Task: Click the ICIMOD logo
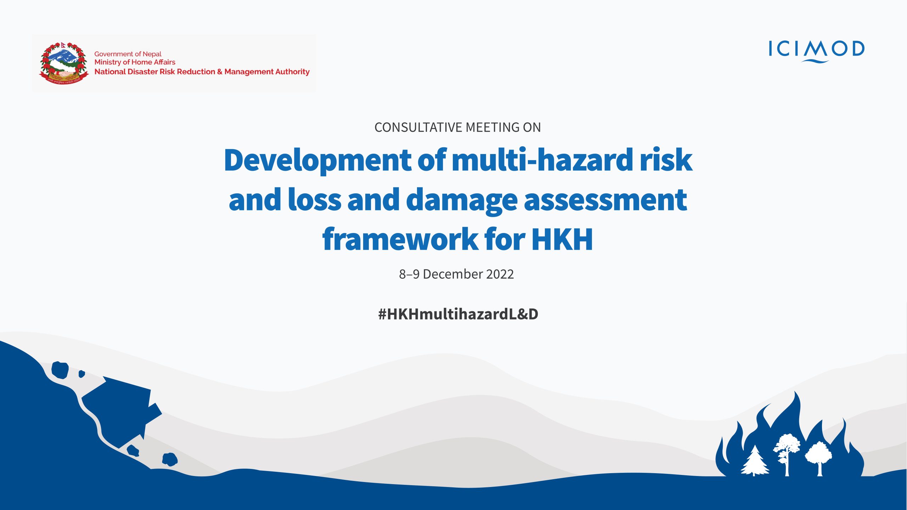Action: coord(816,51)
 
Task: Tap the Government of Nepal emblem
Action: coord(64,63)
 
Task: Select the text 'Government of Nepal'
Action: coord(128,54)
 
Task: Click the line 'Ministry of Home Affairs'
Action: coord(135,62)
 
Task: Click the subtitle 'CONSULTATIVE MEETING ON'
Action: coord(457,127)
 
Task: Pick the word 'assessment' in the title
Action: coord(605,200)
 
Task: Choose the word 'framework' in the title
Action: coord(400,239)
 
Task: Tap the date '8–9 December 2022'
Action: coord(456,274)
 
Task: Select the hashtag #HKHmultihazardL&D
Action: coord(458,314)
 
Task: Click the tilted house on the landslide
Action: coord(120,411)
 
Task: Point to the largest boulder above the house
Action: coord(60,370)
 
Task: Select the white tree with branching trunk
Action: coord(787,455)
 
